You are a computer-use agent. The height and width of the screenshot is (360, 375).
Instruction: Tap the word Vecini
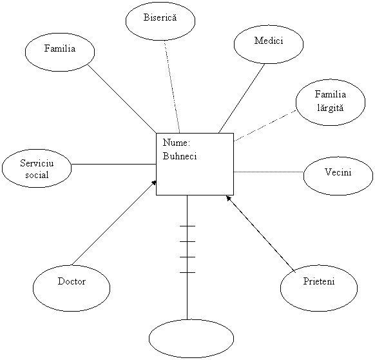coord(338,172)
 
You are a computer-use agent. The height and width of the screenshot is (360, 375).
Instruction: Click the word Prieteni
coord(319,281)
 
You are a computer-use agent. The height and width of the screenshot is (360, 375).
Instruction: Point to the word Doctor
coord(72,281)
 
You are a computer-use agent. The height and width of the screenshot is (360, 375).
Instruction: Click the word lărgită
coord(331,108)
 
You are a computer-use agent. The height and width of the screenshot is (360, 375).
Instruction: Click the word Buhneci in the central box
coord(180,156)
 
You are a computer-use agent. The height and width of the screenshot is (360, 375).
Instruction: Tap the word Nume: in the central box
coord(177,143)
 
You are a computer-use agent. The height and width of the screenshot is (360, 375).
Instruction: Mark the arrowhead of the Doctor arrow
coord(154,183)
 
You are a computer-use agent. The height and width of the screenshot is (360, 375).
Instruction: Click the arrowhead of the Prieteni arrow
coord(229,198)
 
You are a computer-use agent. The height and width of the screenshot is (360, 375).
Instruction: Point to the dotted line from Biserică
coord(172,86)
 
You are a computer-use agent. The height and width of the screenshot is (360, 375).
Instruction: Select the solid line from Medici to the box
coord(242,99)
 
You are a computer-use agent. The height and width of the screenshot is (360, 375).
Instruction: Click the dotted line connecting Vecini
coord(269,172)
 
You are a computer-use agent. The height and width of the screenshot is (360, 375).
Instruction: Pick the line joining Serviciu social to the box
coord(114,165)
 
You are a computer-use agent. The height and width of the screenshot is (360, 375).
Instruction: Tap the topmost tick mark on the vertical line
coord(187,226)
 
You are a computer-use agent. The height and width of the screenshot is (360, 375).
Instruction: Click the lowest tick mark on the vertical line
coord(187,272)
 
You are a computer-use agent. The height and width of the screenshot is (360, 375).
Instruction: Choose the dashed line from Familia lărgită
coord(265,126)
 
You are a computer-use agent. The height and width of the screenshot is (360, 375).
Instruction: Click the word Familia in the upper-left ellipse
coord(60,48)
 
